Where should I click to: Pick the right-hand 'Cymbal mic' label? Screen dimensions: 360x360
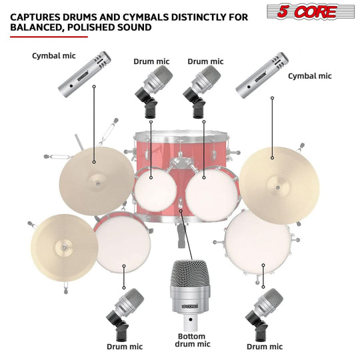(x=309, y=76)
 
